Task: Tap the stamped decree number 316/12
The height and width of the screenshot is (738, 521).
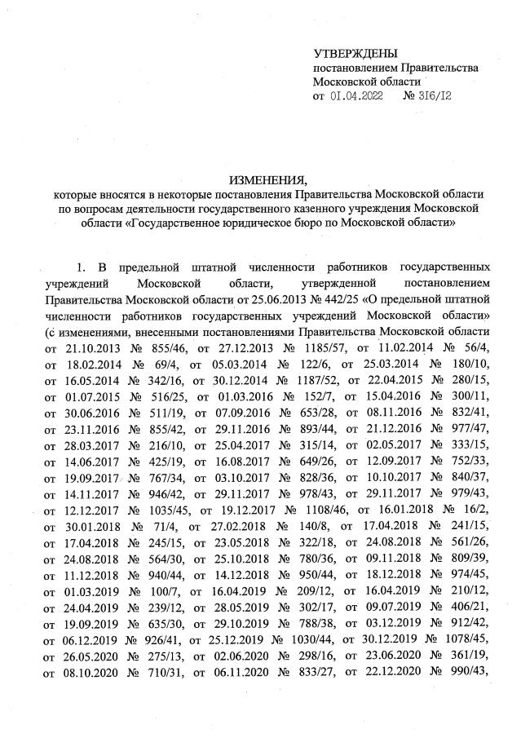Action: pos(434,96)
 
